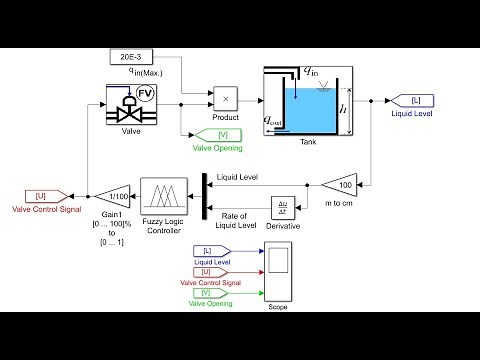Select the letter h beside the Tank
point(344,109)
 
